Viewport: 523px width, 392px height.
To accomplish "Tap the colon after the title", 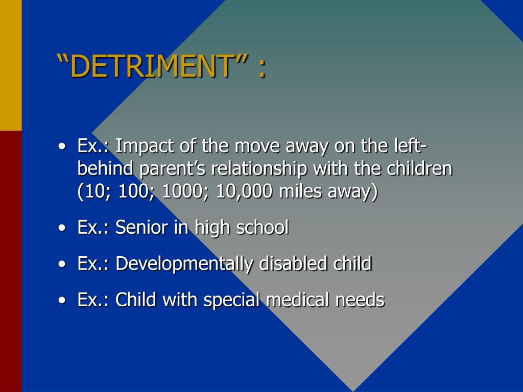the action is click(x=263, y=69).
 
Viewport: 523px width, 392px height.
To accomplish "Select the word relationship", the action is click(x=259, y=168).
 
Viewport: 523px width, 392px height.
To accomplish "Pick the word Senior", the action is click(x=142, y=227).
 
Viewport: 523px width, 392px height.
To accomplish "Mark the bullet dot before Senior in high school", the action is click(x=62, y=228).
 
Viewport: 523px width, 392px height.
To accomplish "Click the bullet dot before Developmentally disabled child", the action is click(x=62, y=264).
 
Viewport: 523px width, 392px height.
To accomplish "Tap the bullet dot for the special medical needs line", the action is click(x=62, y=300).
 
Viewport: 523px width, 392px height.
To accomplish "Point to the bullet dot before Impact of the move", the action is click(x=62, y=147).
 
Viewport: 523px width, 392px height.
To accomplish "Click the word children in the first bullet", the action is click(x=419, y=168).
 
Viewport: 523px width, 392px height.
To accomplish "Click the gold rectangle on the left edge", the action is click(x=11, y=65).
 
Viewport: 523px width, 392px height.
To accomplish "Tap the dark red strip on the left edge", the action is click(x=11, y=261).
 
